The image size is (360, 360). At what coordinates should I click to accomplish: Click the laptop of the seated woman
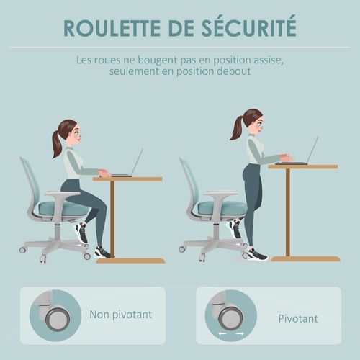pyautogui.click(x=128, y=166)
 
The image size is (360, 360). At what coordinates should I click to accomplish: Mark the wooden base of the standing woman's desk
pyautogui.click(x=305, y=258)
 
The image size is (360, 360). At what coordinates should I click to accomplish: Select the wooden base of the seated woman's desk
pyautogui.click(x=130, y=260)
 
